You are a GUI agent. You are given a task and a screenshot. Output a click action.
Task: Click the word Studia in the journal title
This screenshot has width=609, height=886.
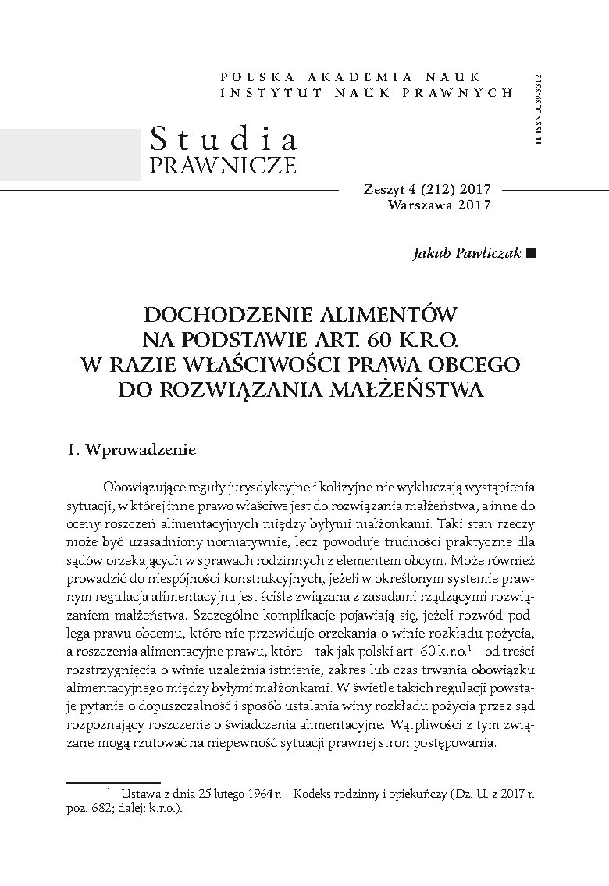coord(223,139)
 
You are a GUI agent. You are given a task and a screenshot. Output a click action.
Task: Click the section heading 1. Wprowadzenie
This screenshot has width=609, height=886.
coord(130,451)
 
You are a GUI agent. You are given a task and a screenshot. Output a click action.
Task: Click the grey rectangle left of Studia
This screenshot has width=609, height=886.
coord(70,155)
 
